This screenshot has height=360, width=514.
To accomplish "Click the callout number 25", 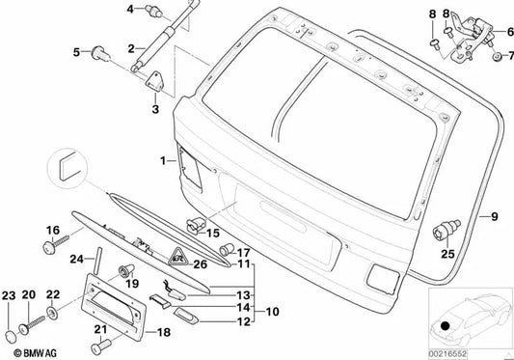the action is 448,254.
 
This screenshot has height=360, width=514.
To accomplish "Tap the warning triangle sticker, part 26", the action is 178,257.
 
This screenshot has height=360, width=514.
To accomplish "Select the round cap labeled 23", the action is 12,337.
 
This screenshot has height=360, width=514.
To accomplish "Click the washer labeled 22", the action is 52,313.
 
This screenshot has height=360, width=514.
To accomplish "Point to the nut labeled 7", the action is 497,57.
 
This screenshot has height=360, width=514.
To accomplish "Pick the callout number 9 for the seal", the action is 495,216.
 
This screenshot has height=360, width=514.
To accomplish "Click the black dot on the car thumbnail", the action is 445,326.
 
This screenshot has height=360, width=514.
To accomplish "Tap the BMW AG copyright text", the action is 36,353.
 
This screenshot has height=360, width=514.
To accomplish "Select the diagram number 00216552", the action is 447,354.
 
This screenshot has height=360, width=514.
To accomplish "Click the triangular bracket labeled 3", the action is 154,81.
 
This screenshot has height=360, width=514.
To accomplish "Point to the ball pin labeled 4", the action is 153,11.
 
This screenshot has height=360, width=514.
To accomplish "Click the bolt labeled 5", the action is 99,54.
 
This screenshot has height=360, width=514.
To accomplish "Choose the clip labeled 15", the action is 196,226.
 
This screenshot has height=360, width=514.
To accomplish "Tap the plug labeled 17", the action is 226,249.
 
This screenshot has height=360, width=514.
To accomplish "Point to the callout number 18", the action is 164,332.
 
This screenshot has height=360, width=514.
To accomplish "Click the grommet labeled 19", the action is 126,271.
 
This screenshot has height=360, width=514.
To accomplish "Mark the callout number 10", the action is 272,312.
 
